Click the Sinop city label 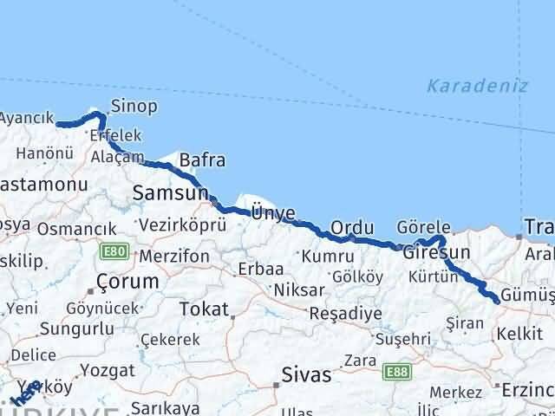[134, 107]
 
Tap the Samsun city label [171, 193]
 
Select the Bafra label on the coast [202, 160]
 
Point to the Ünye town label [273, 213]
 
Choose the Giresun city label [436, 253]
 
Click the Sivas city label [306, 375]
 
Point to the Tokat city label [204, 309]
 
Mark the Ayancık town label [27, 118]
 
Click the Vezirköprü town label [182, 225]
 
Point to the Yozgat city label [108, 370]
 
